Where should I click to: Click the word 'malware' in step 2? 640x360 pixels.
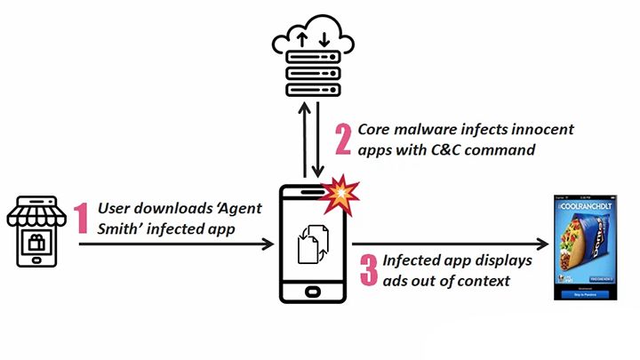(428, 130)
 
